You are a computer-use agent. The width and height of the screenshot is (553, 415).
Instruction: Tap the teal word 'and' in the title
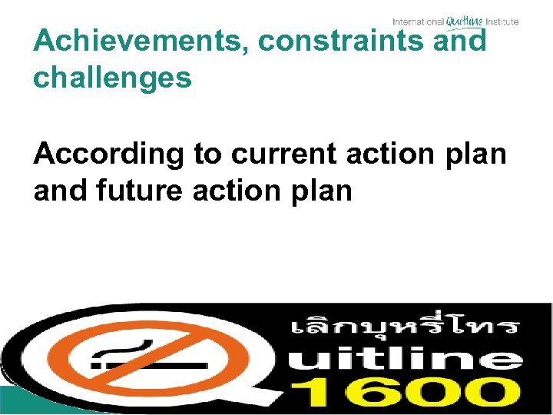[461, 41]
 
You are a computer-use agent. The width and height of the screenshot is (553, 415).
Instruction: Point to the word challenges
[112, 78]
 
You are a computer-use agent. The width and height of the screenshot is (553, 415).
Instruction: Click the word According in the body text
[109, 154]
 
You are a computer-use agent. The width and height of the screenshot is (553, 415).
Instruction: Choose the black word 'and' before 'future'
[59, 191]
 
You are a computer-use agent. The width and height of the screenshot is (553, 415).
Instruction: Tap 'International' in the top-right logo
[419, 22]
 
